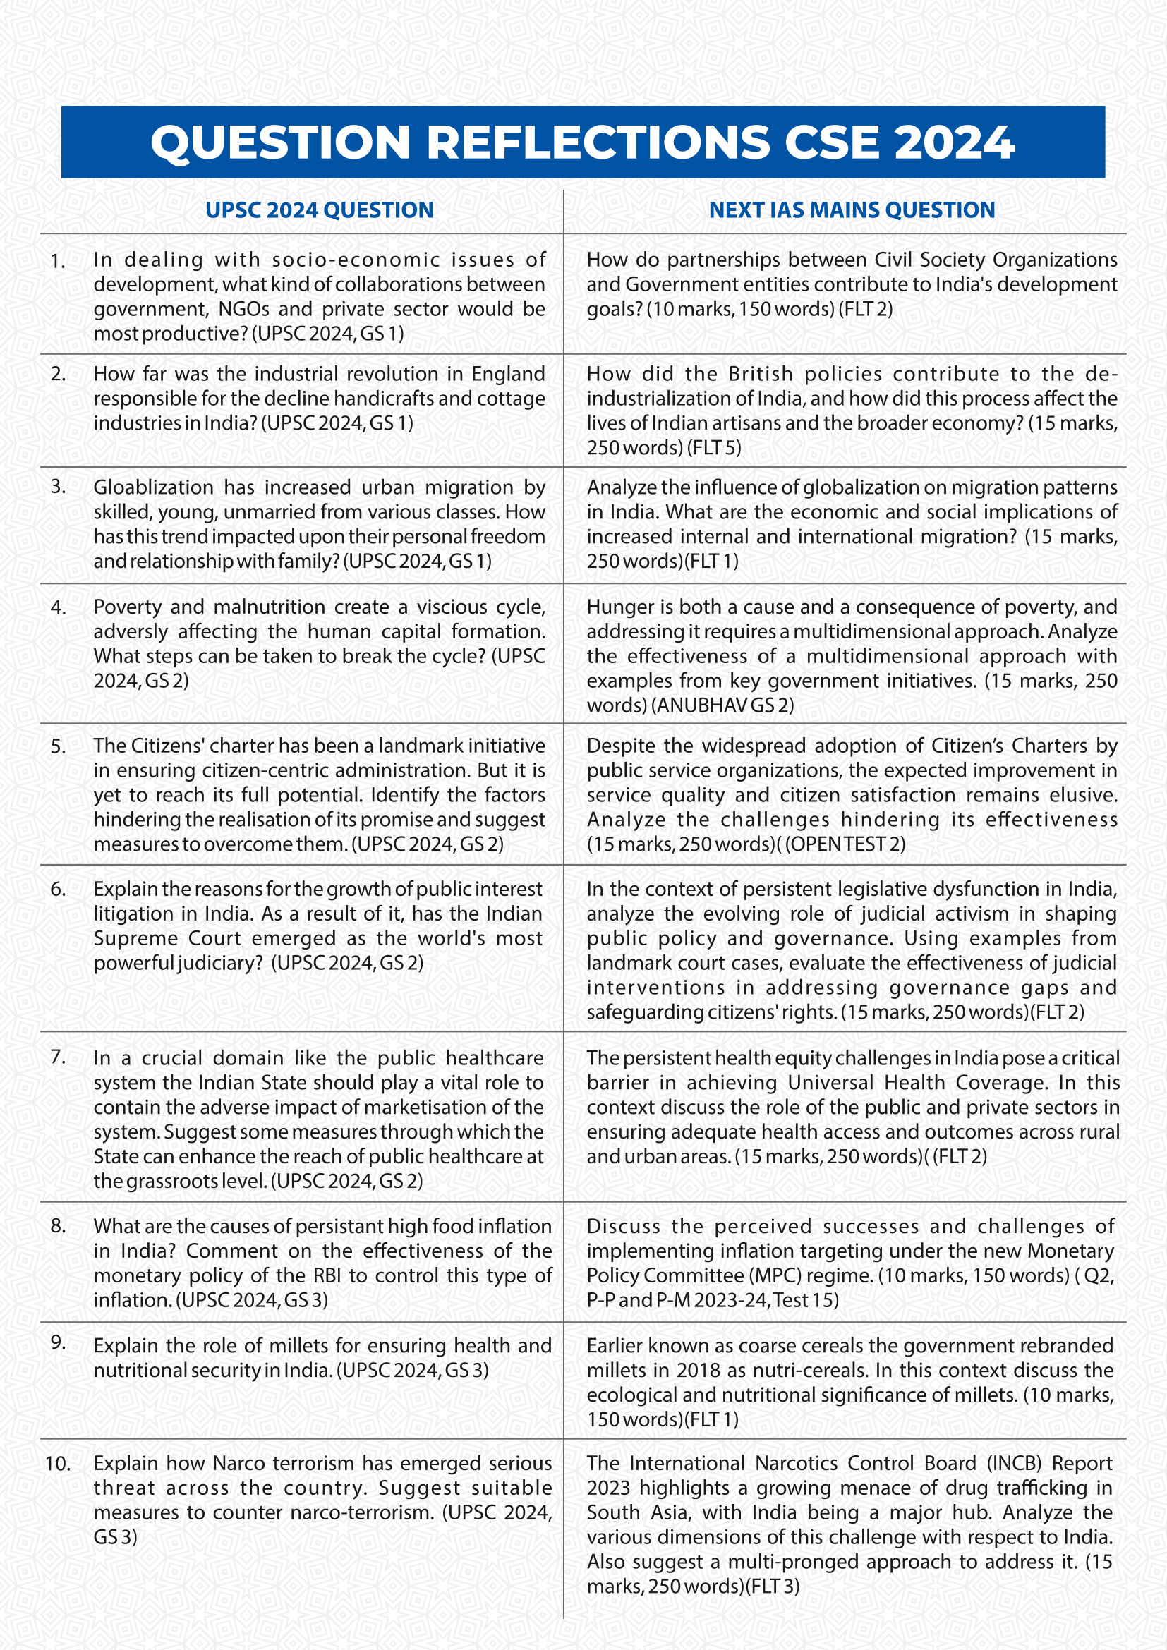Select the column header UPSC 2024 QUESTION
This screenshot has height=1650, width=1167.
click(x=319, y=210)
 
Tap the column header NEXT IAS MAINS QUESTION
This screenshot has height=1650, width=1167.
click(x=852, y=210)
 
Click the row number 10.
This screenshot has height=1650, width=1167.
click(x=57, y=1463)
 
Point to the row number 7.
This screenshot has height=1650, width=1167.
click(x=58, y=1057)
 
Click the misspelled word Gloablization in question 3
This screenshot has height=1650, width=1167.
click(x=153, y=487)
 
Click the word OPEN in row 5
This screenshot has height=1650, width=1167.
click(x=814, y=844)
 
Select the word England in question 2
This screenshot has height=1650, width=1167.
click(x=508, y=374)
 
